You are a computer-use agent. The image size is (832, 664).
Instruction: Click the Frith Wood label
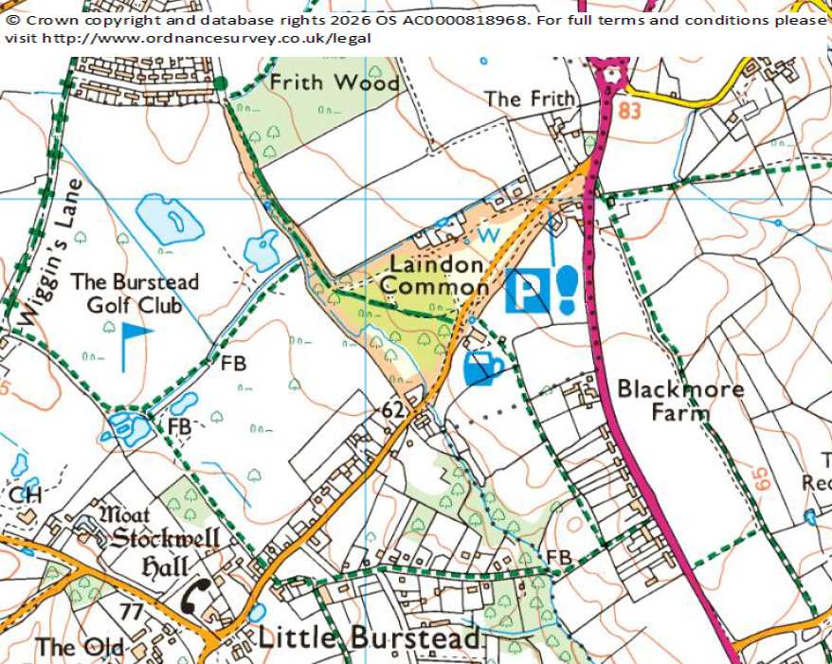(x=321, y=82)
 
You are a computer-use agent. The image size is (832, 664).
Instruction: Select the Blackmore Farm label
(x=680, y=401)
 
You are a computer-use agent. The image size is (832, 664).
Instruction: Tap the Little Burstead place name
(x=369, y=637)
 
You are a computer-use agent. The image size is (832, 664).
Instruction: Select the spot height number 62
(x=393, y=410)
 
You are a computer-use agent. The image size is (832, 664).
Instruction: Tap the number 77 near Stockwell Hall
(x=131, y=611)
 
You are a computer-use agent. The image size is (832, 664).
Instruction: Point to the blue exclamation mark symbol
(x=567, y=290)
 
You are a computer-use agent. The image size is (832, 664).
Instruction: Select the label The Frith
(x=530, y=99)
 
